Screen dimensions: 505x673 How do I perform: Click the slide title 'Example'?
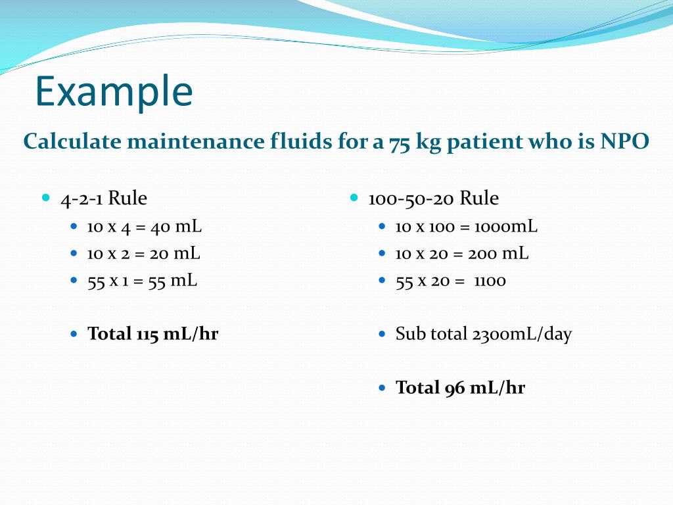coord(114,92)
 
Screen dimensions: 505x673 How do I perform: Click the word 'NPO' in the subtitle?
coord(625,141)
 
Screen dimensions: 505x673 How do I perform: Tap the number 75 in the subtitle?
coord(400,142)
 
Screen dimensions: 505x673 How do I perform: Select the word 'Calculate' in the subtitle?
coord(72,141)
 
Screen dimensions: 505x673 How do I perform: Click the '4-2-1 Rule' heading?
coord(104,198)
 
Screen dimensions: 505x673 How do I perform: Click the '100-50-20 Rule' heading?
coord(433,198)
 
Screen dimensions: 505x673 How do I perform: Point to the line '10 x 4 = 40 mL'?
coord(145,227)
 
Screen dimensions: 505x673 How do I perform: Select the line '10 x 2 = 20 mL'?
coord(144,253)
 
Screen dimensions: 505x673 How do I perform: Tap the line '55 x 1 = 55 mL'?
coord(143,280)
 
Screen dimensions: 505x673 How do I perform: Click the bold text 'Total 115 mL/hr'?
coord(153,334)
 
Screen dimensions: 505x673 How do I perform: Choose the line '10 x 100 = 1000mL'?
coord(466,227)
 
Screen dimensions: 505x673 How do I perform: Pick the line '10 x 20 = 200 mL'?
coord(461,253)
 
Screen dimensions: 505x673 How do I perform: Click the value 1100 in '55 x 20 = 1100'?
coord(490,281)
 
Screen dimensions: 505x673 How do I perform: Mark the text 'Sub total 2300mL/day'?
coord(483,334)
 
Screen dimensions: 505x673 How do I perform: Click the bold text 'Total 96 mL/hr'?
coord(460,388)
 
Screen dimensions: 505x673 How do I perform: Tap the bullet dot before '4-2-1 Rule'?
coord(46,197)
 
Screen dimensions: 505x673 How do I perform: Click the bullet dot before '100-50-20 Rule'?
coord(354,197)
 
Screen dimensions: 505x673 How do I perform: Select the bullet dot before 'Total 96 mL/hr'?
coord(383,388)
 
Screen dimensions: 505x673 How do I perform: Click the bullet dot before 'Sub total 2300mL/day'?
coord(383,334)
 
